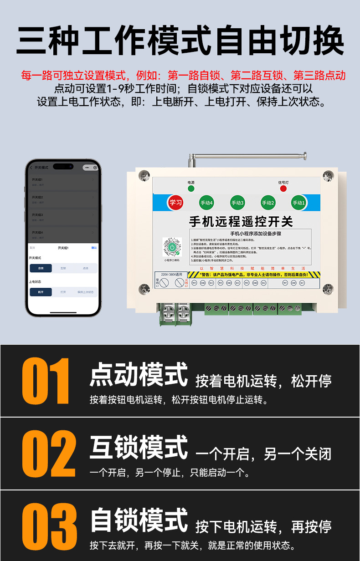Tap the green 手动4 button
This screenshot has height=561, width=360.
click(x=206, y=203)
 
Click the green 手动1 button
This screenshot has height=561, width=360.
click(x=298, y=203)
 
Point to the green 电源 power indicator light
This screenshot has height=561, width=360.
click(x=191, y=189)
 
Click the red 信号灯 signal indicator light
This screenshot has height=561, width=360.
click(x=283, y=189)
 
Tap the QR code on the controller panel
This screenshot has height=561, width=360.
click(x=172, y=247)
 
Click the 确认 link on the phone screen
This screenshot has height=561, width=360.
click(x=94, y=248)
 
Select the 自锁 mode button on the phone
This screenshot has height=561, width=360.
click(x=41, y=268)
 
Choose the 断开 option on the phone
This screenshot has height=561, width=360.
click(x=41, y=292)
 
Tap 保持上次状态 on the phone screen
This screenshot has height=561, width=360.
click(x=86, y=292)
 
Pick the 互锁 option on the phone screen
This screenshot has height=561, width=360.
click(x=63, y=268)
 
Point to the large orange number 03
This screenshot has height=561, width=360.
click(x=49, y=527)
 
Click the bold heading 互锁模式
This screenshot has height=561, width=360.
click(x=139, y=448)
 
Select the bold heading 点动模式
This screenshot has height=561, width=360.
click(x=139, y=375)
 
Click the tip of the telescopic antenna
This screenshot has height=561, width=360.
click(x=304, y=155)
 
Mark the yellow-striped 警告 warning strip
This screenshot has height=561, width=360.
click(x=254, y=275)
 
